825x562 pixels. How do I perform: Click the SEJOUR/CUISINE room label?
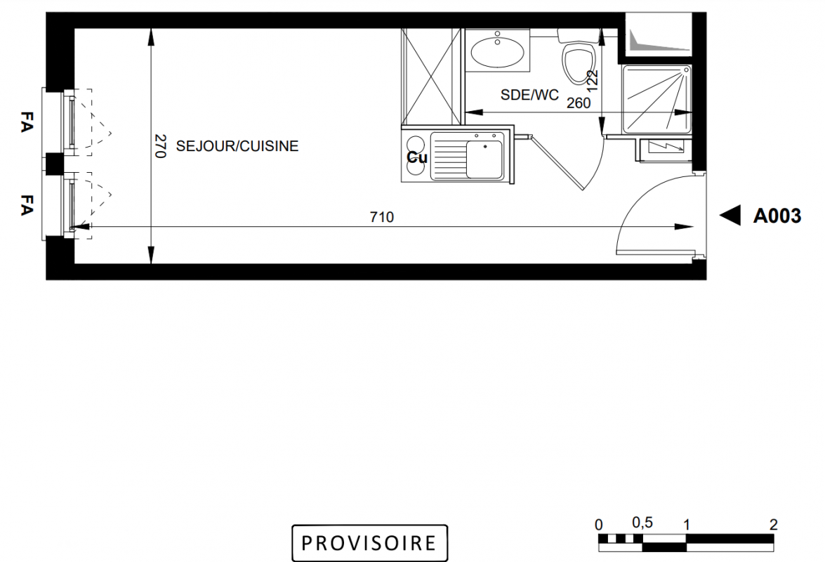tap(237, 145)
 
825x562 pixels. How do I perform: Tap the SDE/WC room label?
tap(529, 95)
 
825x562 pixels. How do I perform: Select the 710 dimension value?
tap(381, 217)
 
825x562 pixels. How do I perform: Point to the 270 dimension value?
tap(161, 145)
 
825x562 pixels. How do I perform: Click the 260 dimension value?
tap(579, 103)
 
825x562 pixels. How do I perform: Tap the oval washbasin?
tap(496, 52)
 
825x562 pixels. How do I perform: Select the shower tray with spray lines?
tap(656, 99)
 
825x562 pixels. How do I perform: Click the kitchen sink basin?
tap(484, 159)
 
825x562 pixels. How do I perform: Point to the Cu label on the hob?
tap(416, 157)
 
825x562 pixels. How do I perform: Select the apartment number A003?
tap(777, 216)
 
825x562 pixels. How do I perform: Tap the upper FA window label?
tap(26, 122)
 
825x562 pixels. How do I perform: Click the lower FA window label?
tap(26, 204)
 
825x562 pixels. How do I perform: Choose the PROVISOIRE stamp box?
tap(369, 542)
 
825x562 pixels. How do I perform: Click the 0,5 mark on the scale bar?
tap(642, 523)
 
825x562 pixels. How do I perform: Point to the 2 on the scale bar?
tap(773, 524)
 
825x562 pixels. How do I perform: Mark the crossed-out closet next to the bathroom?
tap(431, 77)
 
